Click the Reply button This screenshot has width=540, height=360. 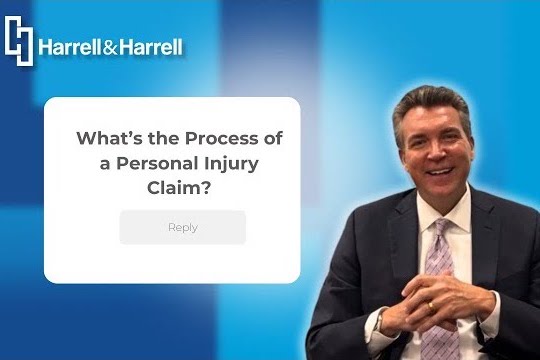(183, 227)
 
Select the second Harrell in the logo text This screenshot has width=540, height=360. (149, 47)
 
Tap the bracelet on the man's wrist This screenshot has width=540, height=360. (381, 319)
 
